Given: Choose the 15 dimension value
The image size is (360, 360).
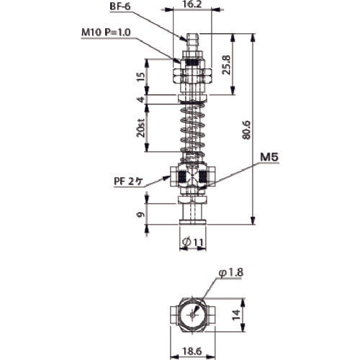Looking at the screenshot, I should pyautogui.click(x=140, y=75).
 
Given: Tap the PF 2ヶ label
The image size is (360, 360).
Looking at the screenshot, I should pyautogui.click(x=129, y=183).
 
